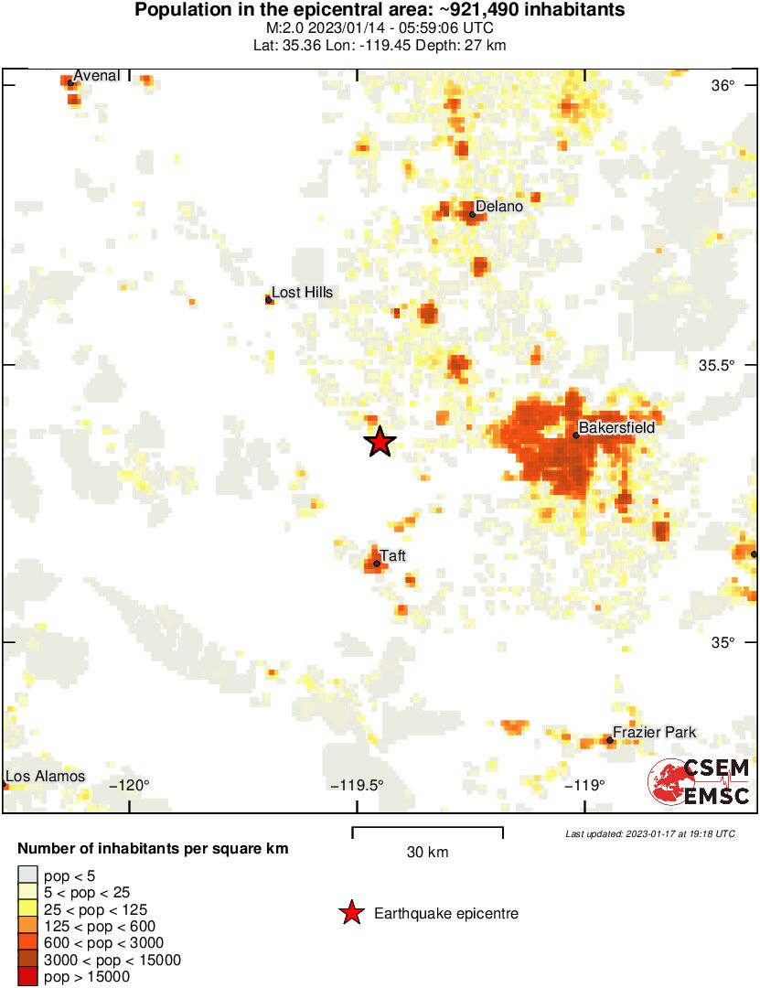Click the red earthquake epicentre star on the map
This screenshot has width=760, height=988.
380,442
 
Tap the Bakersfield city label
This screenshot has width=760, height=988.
616,427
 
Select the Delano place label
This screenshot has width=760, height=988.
499,207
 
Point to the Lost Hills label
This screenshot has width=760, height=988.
302,293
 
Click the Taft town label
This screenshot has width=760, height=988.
393,556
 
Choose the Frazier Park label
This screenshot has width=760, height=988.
654,732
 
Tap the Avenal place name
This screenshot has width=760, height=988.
96,75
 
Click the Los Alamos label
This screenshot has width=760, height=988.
46,777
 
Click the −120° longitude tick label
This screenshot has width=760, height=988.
129,785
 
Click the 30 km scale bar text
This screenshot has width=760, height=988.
427,853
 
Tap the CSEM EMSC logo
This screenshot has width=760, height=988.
699,782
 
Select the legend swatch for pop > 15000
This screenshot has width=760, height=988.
28,977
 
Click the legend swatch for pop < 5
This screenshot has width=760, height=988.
28,876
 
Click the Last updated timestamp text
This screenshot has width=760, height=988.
649,833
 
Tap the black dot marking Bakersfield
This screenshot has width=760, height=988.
576,435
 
